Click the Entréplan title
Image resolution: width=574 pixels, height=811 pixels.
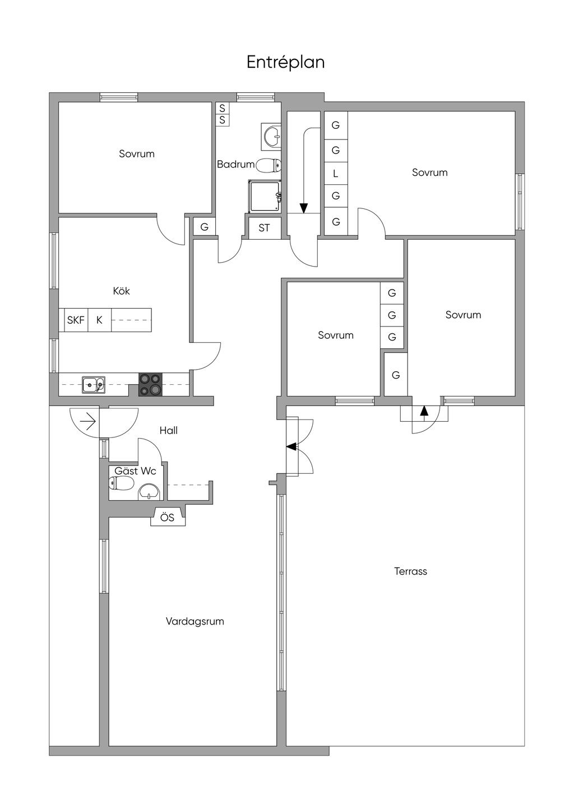click(285, 62)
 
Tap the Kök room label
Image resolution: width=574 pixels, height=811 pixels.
click(121, 291)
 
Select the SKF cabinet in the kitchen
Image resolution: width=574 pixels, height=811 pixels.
click(76, 320)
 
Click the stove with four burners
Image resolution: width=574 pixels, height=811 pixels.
click(150, 384)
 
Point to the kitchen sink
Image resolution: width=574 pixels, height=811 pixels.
click(93, 385)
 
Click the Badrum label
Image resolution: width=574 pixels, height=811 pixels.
click(235, 164)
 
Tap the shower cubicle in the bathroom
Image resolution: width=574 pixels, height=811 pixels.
click(264, 196)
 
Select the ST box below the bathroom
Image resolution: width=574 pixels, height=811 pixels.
click(264, 228)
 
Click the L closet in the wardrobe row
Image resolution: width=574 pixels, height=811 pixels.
click(336, 174)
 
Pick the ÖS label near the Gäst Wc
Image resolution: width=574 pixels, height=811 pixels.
click(167, 518)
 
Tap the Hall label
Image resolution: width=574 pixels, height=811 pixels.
click(168, 430)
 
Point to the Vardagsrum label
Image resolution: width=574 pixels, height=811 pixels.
click(195, 621)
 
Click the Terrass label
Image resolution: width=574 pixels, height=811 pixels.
click(410, 571)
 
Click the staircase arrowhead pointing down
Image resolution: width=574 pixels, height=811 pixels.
click(303, 208)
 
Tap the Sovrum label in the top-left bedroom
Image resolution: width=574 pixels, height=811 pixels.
click(136, 153)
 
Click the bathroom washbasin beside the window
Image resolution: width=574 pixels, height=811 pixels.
click(272, 136)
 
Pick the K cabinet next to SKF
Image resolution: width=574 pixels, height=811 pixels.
click(99, 320)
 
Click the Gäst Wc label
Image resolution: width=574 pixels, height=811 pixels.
click(135, 471)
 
